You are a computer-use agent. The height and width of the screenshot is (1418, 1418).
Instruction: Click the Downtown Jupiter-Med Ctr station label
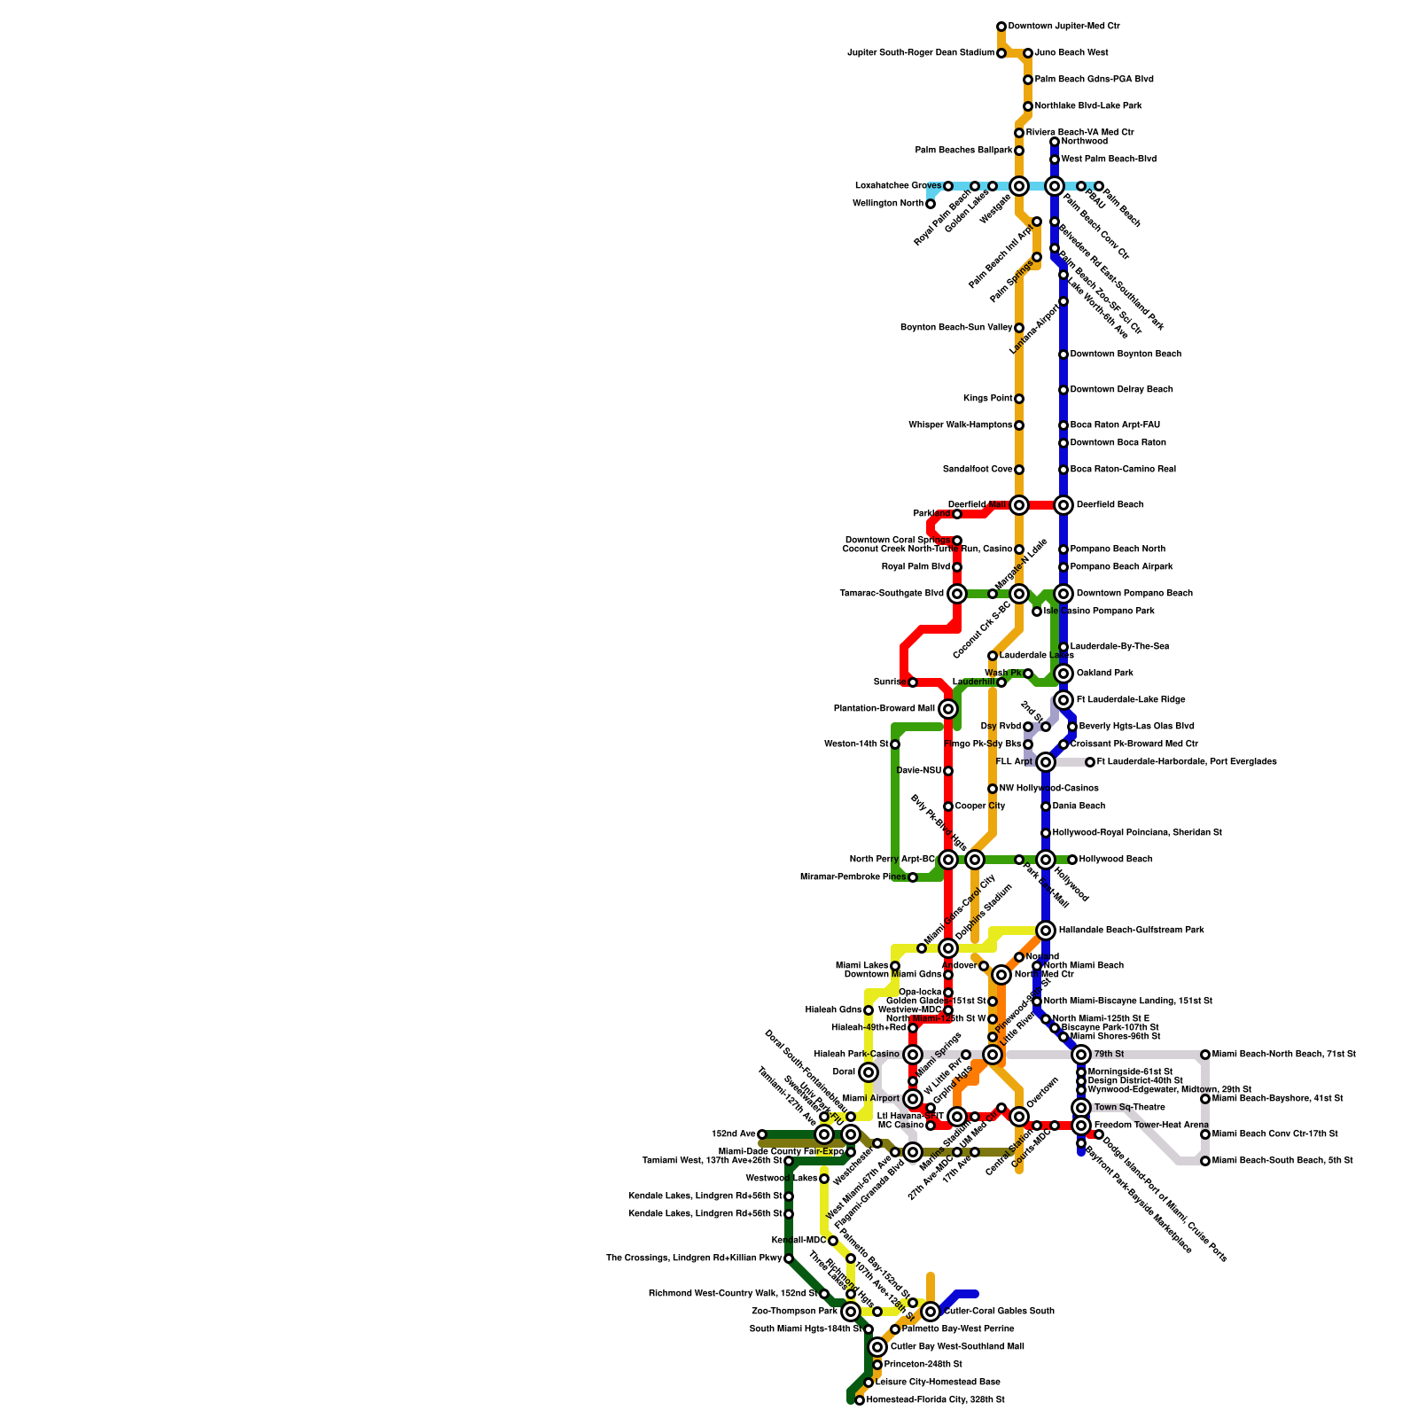click(x=1063, y=27)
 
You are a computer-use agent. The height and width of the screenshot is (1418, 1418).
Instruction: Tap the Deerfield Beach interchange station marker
click(x=1063, y=505)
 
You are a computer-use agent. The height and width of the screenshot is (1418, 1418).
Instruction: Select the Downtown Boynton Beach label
click(x=1126, y=354)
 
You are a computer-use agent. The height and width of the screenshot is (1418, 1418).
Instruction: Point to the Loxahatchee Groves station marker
click(x=948, y=186)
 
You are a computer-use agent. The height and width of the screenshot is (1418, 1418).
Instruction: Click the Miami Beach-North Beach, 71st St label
click(x=1283, y=1055)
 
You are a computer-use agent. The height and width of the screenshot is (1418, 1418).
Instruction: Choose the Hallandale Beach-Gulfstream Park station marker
click(x=1046, y=931)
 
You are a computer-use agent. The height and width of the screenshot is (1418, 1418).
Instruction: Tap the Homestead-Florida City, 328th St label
click(x=935, y=1400)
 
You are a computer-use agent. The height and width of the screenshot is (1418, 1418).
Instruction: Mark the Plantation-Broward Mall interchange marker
click(x=948, y=709)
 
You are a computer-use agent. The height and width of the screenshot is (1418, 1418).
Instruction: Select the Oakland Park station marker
click(x=1063, y=674)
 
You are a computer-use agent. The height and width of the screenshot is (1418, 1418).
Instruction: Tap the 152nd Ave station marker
click(x=762, y=1134)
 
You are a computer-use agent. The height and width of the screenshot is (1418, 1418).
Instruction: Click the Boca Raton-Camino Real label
click(x=1123, y=470)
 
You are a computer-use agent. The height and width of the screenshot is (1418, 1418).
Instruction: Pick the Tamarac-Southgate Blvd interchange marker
click(x=957, y=594)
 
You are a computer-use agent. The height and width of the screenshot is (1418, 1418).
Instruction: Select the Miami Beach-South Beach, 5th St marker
click(x=1205, y=1161)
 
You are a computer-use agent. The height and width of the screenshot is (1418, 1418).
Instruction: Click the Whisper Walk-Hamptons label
click(x=960, y=425)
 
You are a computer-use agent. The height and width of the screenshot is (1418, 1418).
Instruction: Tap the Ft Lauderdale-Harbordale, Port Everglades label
click(x=1187, y=762)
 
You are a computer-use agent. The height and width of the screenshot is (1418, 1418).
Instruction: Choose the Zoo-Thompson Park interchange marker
click(x=851, y=1312)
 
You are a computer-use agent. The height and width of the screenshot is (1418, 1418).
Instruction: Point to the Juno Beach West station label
click(x=1071, y=53)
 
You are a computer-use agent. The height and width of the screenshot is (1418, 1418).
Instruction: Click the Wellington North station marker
click(x=931, y=204)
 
